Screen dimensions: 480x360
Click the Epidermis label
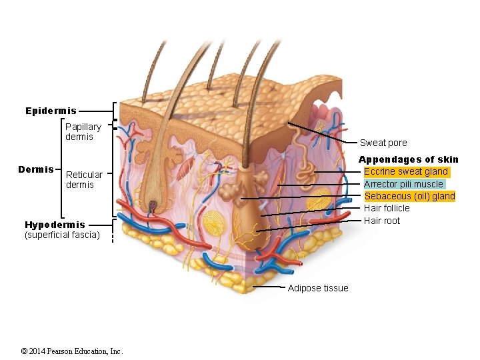[51, 111]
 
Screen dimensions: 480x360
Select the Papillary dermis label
[83, 131]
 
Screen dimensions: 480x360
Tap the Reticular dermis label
[85, 179]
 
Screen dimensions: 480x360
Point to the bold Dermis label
[35, 170]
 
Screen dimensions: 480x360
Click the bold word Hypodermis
[55, 225]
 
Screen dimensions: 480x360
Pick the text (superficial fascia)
[62, 235]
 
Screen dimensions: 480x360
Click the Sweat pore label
[383, 143]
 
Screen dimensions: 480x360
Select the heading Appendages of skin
[409, 159]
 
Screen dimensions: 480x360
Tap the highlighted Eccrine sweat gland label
[405, 172]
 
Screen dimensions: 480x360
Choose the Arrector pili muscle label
[403, 184]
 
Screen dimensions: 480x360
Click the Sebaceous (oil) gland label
[409, 196]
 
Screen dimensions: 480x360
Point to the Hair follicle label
[387, 208]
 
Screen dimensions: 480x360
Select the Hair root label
[382, 221]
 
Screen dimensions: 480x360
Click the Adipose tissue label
[317, 288]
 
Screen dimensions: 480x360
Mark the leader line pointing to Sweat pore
[323, 133]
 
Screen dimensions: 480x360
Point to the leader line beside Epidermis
[97, 111]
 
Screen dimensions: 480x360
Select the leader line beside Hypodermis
[99, 225]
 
